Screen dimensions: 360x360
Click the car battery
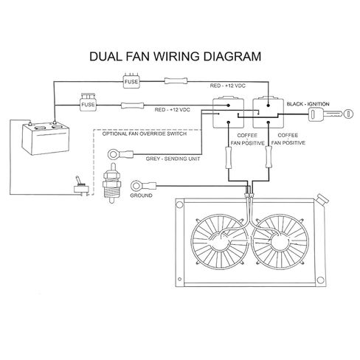[46, 138]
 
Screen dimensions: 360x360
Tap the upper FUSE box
[131, 80]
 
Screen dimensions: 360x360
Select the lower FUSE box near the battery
[88, 103]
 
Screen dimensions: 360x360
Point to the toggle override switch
[81, 187]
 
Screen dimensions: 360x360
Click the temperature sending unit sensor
[111, 183]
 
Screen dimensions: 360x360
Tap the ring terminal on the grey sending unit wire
[120, 154]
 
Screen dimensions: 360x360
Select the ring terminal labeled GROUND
[143, 185]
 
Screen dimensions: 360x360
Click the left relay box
[228, 113]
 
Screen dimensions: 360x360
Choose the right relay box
[269, 113]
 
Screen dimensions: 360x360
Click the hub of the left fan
[219, 243]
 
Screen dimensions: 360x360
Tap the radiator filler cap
[322, 199]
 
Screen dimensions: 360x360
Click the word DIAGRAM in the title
[232, 56]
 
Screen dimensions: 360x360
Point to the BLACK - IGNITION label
[308, 104]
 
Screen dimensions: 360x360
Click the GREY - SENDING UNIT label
[173, 159]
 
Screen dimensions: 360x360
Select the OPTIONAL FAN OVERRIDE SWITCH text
[145, 134]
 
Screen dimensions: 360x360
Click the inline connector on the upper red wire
[176, 80]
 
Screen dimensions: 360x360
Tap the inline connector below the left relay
[229, 158]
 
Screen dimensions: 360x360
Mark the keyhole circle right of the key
[348, 114]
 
